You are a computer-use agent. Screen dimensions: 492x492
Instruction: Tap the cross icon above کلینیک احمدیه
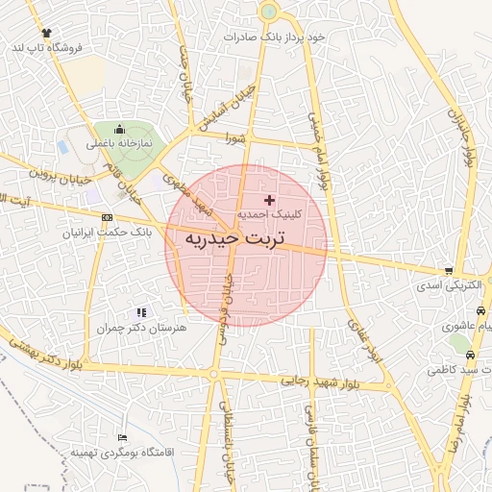point(268,199)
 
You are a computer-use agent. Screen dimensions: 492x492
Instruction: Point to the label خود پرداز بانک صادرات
point(276,36)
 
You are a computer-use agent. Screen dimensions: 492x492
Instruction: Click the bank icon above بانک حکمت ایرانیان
point(105,216)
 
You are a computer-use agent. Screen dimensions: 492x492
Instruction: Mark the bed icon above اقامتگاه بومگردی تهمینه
point(120,436)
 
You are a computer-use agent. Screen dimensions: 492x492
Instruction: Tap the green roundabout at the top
point(268,12)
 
